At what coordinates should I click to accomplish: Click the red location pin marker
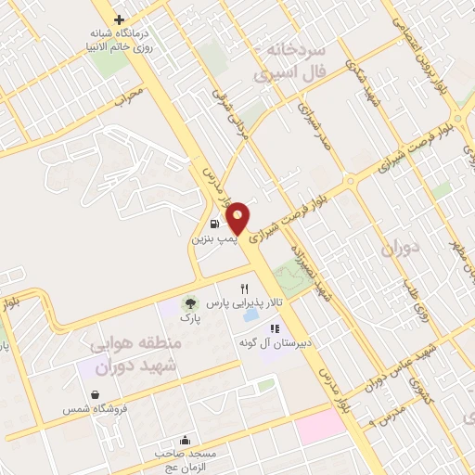(237, 216)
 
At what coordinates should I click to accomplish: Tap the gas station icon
(215, 224)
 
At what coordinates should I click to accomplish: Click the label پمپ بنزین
(215, 239)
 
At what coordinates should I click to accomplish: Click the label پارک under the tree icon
(189, 319)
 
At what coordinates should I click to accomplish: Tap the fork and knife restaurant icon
(244, 289)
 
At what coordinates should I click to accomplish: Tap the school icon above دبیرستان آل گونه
(274, 328)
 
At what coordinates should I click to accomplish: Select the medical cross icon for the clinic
(119, 19)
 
